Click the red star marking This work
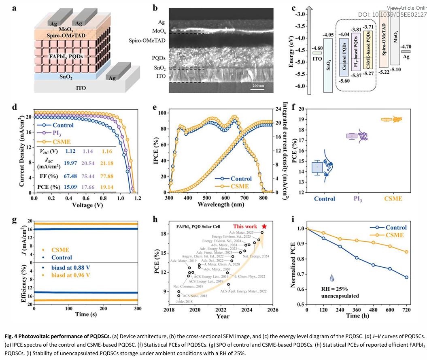[264, 226]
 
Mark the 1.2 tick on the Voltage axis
[138, 198]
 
